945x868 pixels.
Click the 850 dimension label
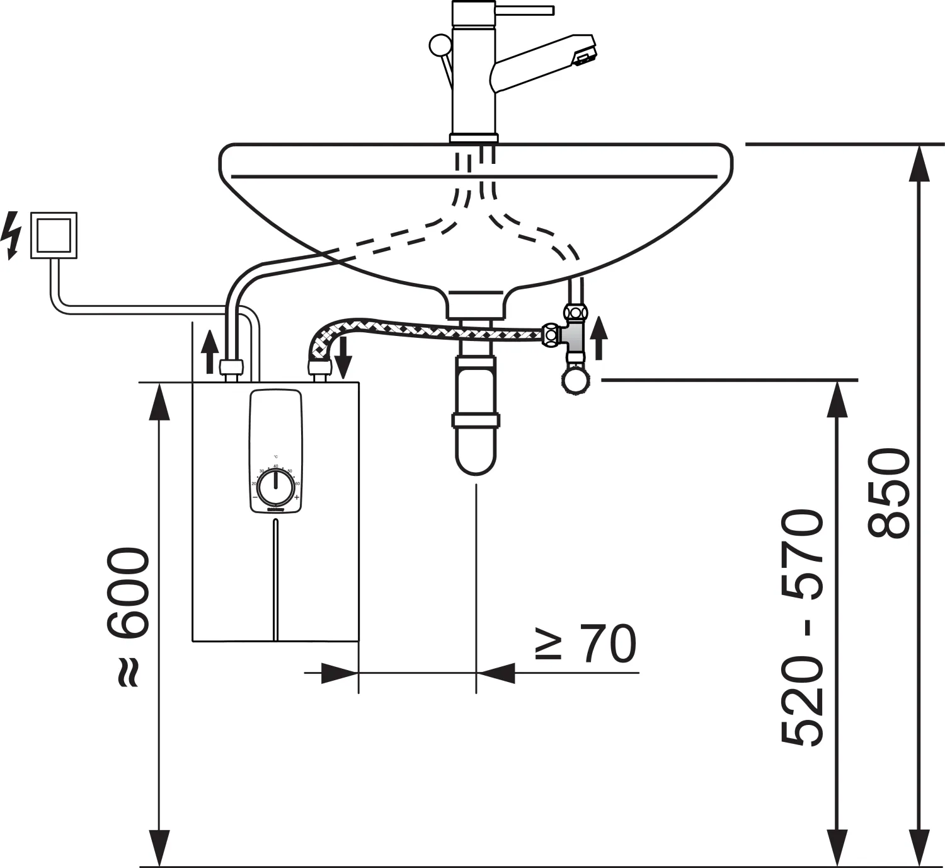coord(889,493)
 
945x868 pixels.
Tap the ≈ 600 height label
coord(129,618)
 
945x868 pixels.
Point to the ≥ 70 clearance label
coord(586,644)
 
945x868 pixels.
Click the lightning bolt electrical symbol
coord(11,235)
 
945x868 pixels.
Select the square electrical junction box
coord(54,235)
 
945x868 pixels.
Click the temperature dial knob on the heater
coord(275,486)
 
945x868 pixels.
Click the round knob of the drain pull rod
coord(438,45)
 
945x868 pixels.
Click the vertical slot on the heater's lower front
coord(276,580)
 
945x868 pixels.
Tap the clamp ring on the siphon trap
coord(476,420)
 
